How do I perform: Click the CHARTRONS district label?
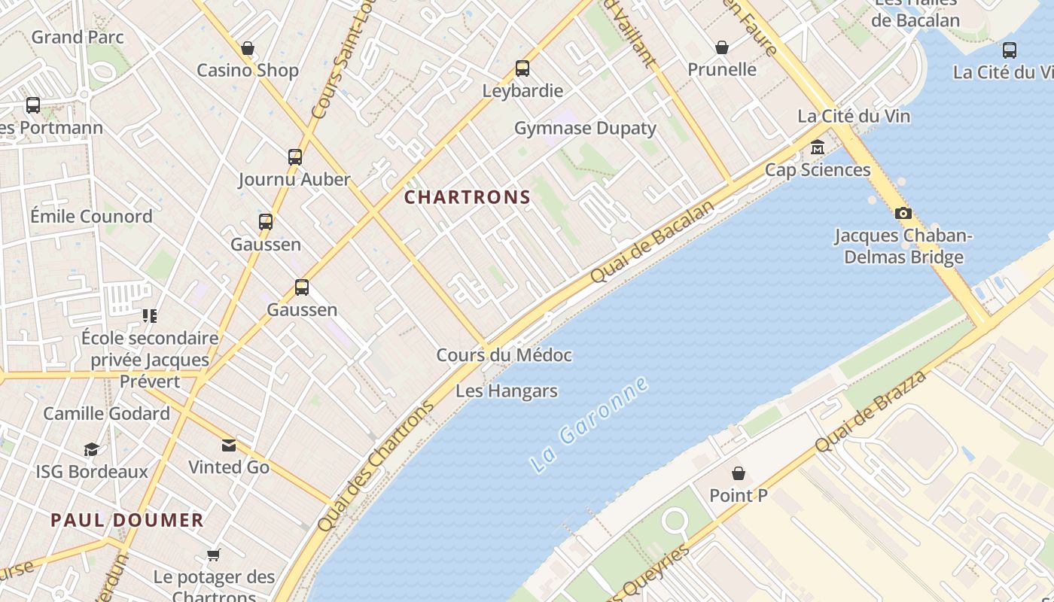[468, 197]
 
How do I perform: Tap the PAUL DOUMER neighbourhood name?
[127, 520]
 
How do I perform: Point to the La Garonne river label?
[589, 424]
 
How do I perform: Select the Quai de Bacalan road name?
[652, 243]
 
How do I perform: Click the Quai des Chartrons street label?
[376, 466]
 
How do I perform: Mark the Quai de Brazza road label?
[870, 412]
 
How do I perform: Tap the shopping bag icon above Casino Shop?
[248, 49]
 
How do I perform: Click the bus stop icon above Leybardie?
[522, 68]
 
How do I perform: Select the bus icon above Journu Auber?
[295, 157]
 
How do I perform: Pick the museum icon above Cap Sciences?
[818, 148]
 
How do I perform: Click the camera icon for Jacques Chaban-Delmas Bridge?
[903, 214]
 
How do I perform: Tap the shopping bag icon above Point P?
[739, 473]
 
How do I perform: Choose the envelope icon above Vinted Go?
[229, 445]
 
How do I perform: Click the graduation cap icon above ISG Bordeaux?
[91, 449]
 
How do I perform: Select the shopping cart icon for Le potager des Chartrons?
[214, 555]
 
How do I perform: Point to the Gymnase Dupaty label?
[585, 128]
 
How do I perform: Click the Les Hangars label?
[507, 391]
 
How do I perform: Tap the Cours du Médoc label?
[504, 354]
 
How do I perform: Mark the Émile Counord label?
[91, 216]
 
